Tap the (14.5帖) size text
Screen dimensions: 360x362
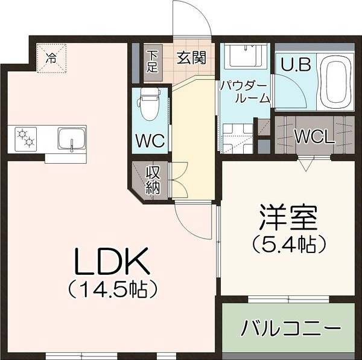pos(113,288)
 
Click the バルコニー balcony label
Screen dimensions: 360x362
pos(288,330)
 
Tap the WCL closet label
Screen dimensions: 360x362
pos(314,137)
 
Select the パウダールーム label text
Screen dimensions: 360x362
pos(244,91)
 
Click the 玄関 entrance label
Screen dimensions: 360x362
pos(191,58)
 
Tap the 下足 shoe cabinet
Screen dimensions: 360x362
pos(153,62)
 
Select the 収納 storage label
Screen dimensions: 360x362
pos(153,179)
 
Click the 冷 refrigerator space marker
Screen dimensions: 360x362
pos(52,58)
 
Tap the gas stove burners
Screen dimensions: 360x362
pos(25,138)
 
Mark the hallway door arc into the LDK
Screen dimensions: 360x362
pos(192,219)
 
